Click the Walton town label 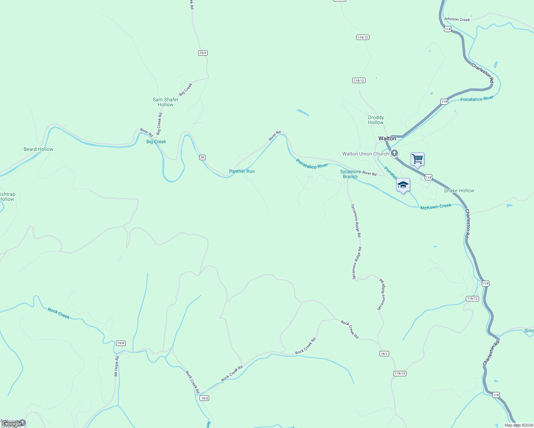click(387, 138)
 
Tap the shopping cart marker click(417, 159)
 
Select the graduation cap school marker click(403, 185)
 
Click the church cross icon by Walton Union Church click(394, 154)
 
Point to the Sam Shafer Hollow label click(165, 102)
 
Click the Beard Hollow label click(38, 149)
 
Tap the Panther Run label click(242, 171)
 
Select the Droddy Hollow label click(376, 120)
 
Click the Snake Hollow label click(459, 190)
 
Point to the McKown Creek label click(436, 207)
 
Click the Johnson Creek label click(457, 19)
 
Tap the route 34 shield click(202, 157)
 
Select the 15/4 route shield click(203, 53)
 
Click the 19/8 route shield click(121, 343)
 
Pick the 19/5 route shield click(204, 398)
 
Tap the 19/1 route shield click(384, 354)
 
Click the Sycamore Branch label click(350, 174)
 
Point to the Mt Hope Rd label click(116, 366)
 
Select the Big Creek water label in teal click(156, 142)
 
